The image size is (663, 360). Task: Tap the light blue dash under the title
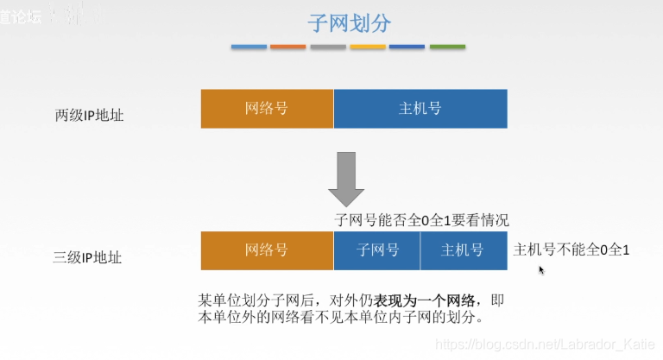[x=249, y=47]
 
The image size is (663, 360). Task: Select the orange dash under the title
[x=288, y=47]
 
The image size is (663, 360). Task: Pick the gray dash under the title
[x=328, y=47]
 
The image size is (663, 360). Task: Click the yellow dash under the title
[x=368, y=47]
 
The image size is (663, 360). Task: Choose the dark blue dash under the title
[x=407, y=47]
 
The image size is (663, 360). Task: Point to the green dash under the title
[x=447, y=47]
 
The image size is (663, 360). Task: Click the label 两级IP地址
[x=89, y=114]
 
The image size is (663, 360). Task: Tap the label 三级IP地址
[x=89, y=256]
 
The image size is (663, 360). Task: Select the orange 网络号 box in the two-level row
[x=267, y=109]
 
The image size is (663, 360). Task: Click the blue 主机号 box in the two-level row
[x=420, y=109]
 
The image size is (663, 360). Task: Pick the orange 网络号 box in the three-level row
[x=267, y=250]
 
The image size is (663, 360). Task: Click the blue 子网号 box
[x=377, y=250]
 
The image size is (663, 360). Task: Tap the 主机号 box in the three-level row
[x=463, y=250]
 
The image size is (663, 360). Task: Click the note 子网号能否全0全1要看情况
[x=427, y=220]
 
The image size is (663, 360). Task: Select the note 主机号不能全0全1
[x=571, y=250]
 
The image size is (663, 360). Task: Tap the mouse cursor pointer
[x=541, y=269]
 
